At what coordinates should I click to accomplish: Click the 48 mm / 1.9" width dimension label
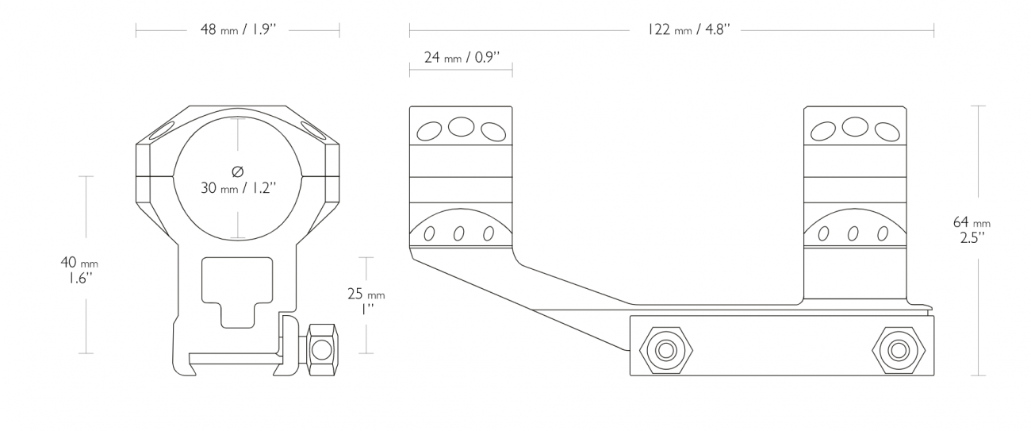click(x=238, y=30)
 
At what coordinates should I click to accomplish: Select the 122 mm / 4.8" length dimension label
click(x=688, y=30)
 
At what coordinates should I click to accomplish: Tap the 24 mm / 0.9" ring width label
click(x=462, y=58)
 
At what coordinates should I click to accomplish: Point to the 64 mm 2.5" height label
click(x=972, y=229)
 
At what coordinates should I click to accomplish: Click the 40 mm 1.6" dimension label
click(x=79, y=270)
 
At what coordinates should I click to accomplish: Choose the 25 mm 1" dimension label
click(x=366, y=301)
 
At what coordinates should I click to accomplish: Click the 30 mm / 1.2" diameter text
click(x=238, y=188)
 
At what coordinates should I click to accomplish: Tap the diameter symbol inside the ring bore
click(x=237, y=171)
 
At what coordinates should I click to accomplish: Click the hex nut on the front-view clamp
click(x=322, y=349)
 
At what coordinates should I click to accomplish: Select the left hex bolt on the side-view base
click(x=666, y=351)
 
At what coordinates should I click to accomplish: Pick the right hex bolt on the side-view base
click(x=899, y=351)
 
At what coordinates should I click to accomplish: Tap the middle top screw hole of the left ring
click(x=462, y=127)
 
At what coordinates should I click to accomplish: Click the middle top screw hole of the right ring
click(x=855, y=127)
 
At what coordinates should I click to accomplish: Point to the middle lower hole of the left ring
click(x=459, y=234)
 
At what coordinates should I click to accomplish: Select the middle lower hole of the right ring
click(x=853, y=234)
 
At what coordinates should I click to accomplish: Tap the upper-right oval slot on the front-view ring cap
click(x=313, y=130)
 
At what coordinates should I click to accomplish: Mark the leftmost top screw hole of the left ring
click(x=429, y=131)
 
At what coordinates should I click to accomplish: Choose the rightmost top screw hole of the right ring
click(x=887, y=131)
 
